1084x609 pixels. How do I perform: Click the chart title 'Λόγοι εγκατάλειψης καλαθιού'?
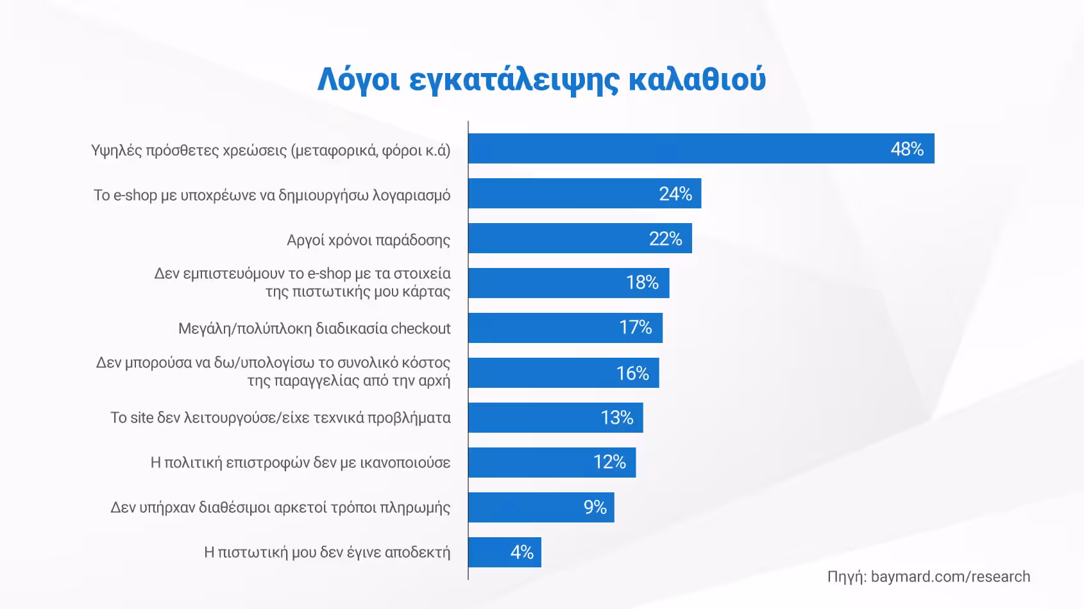[541, 79]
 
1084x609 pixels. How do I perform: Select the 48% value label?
[906, 149]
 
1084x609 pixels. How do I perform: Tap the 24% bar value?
[675, 194]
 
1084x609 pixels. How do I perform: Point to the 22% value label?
[665, 239]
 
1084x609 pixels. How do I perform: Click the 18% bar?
[568, 283]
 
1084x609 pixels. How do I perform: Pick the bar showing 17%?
[564, 328]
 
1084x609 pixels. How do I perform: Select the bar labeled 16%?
[563, 373]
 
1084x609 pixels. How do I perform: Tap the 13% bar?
[555, 418]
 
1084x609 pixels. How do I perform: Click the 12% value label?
[609, 462]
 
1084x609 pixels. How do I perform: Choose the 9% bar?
[541, 508]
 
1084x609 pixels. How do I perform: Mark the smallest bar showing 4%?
[504, 553]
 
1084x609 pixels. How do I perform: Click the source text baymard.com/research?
[950, 576]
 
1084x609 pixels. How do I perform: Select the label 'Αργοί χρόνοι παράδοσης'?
[368, 240]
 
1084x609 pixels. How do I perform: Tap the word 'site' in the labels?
[142, 418]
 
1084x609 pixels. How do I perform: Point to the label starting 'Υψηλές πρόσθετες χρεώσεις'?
[270, 151]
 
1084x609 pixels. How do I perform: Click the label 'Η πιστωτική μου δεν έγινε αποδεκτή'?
[326, 553]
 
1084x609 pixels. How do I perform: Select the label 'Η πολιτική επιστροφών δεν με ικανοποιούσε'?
[300, 463]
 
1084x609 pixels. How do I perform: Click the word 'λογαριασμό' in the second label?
[411, 196]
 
